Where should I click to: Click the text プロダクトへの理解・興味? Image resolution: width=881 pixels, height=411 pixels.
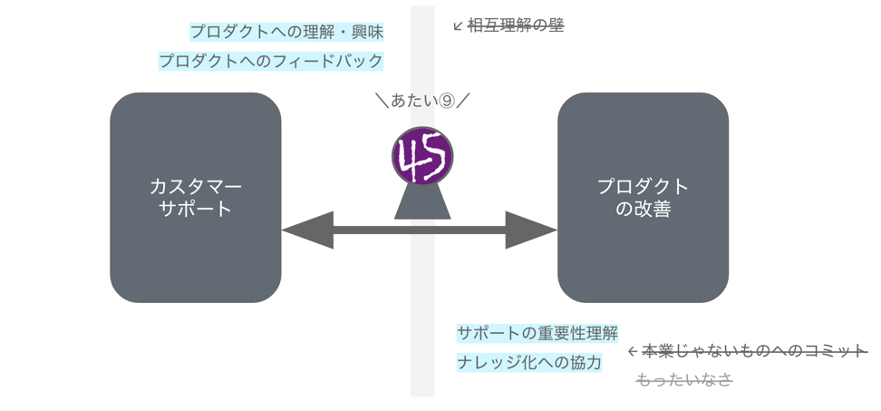[x=286, y=32]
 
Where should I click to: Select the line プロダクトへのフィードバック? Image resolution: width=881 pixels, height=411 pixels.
[x=271, y=62]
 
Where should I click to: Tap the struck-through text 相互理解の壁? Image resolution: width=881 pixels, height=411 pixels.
[x=515, y=25]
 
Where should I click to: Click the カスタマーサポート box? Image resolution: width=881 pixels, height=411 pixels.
[x=195, y=197]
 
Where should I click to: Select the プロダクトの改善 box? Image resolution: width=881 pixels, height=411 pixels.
[x=643, y=197]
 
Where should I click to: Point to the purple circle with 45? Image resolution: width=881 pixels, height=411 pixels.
[x=422, y=156]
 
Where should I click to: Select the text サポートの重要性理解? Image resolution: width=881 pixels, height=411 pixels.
[x=537, y=333]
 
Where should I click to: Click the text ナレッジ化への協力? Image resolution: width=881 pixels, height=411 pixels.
[x=529, y=362]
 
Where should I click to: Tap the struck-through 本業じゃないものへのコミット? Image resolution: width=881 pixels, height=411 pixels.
[x=755, y=350]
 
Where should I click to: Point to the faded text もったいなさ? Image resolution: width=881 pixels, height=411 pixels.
[x=684, y=379]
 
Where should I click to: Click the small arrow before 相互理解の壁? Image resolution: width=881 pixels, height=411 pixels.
[x=458, y=26]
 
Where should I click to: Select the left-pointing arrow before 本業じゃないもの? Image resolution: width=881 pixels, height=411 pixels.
[x=633, y=351]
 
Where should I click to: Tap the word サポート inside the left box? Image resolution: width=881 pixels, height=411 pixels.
[x=195, y=209]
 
